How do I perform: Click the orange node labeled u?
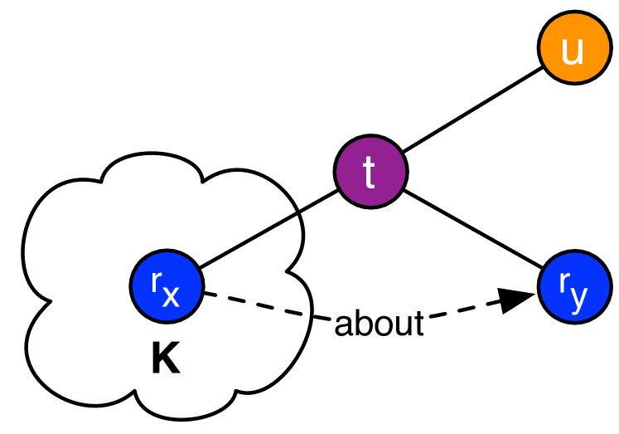[572, 51]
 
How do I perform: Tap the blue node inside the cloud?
[167, 286]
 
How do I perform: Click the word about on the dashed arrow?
[379, 324]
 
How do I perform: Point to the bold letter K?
[166, 362]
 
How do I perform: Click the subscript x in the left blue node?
[170, 296]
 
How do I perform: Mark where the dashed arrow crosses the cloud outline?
[311, 315]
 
